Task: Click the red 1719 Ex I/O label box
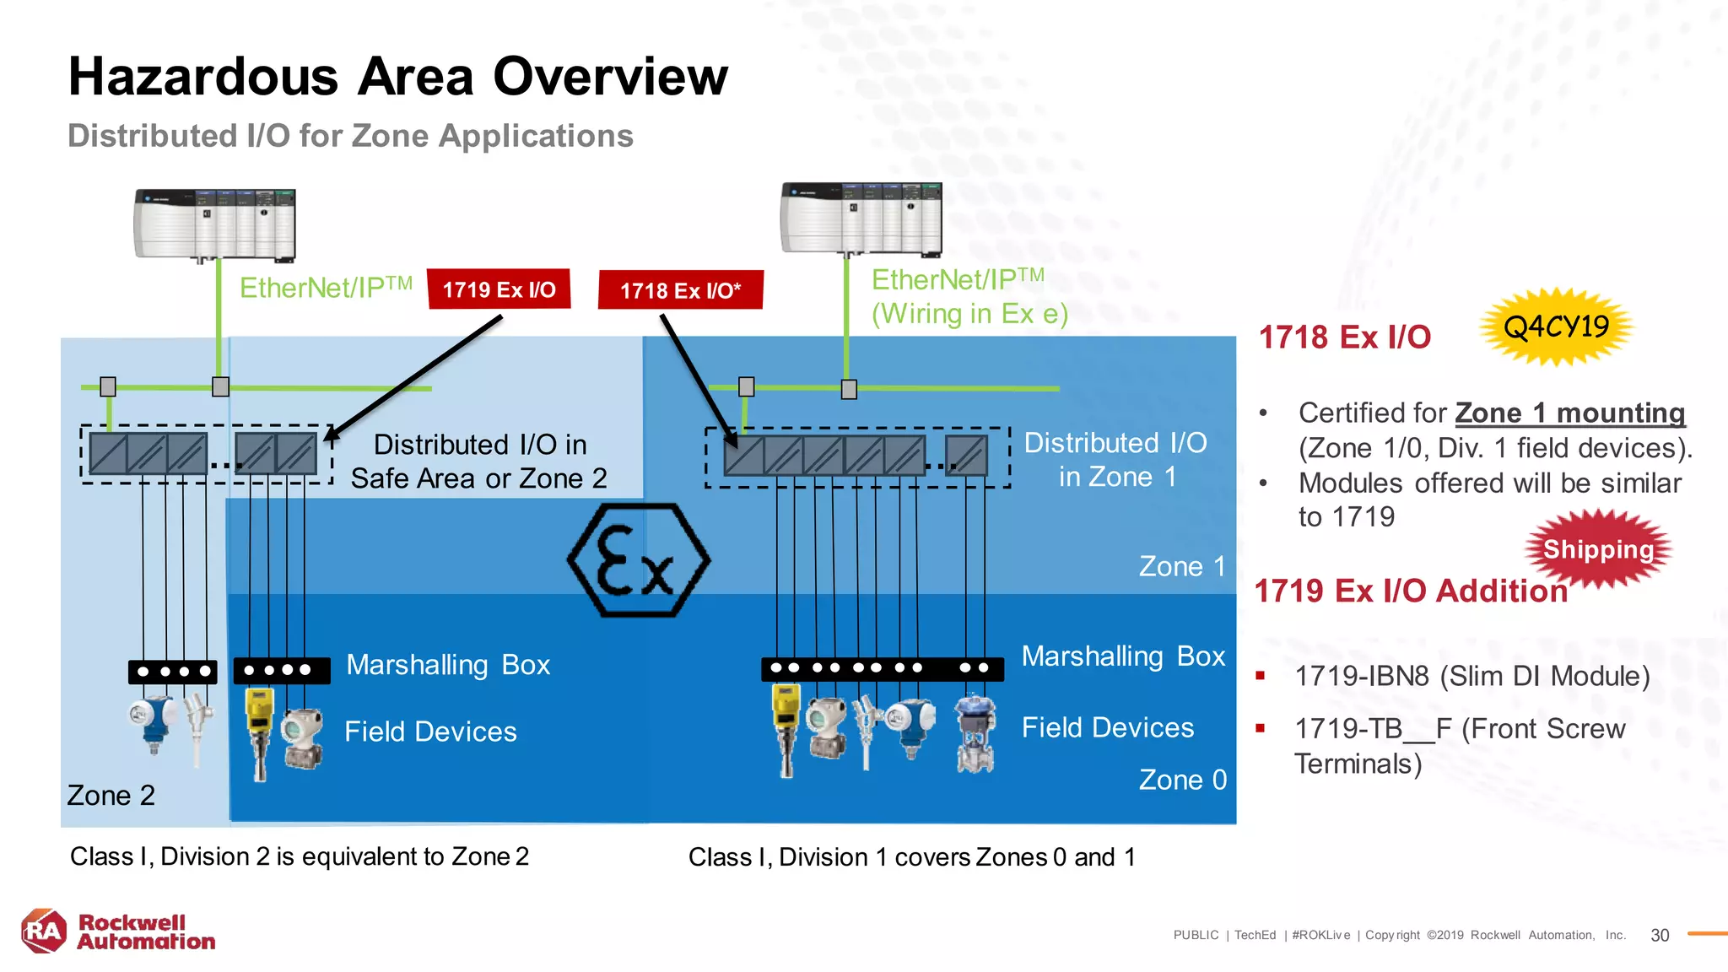click(499, 289)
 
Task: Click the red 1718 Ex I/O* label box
click(680, 290)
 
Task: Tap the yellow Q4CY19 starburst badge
click(1556, 327)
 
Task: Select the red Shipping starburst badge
click(1598, 549)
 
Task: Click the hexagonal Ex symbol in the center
click(639, 560)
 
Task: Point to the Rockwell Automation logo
click(118, 931)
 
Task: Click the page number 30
click(1660, 935)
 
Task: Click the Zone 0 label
click(1182, 780)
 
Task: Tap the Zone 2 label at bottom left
click(111, 795)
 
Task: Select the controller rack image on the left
click(215, 224)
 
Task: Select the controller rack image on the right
click(861, 219)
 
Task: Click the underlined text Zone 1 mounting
click(1569, 413)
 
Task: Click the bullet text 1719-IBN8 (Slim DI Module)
click(1471, 676)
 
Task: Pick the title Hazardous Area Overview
click(397, 76)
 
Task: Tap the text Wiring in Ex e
click(969, 314)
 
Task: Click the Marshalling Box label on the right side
click(1122, 656)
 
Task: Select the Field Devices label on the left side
click(430, 731)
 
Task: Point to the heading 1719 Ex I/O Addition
click(1410, 591)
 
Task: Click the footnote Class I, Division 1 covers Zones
click(911, 856)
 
